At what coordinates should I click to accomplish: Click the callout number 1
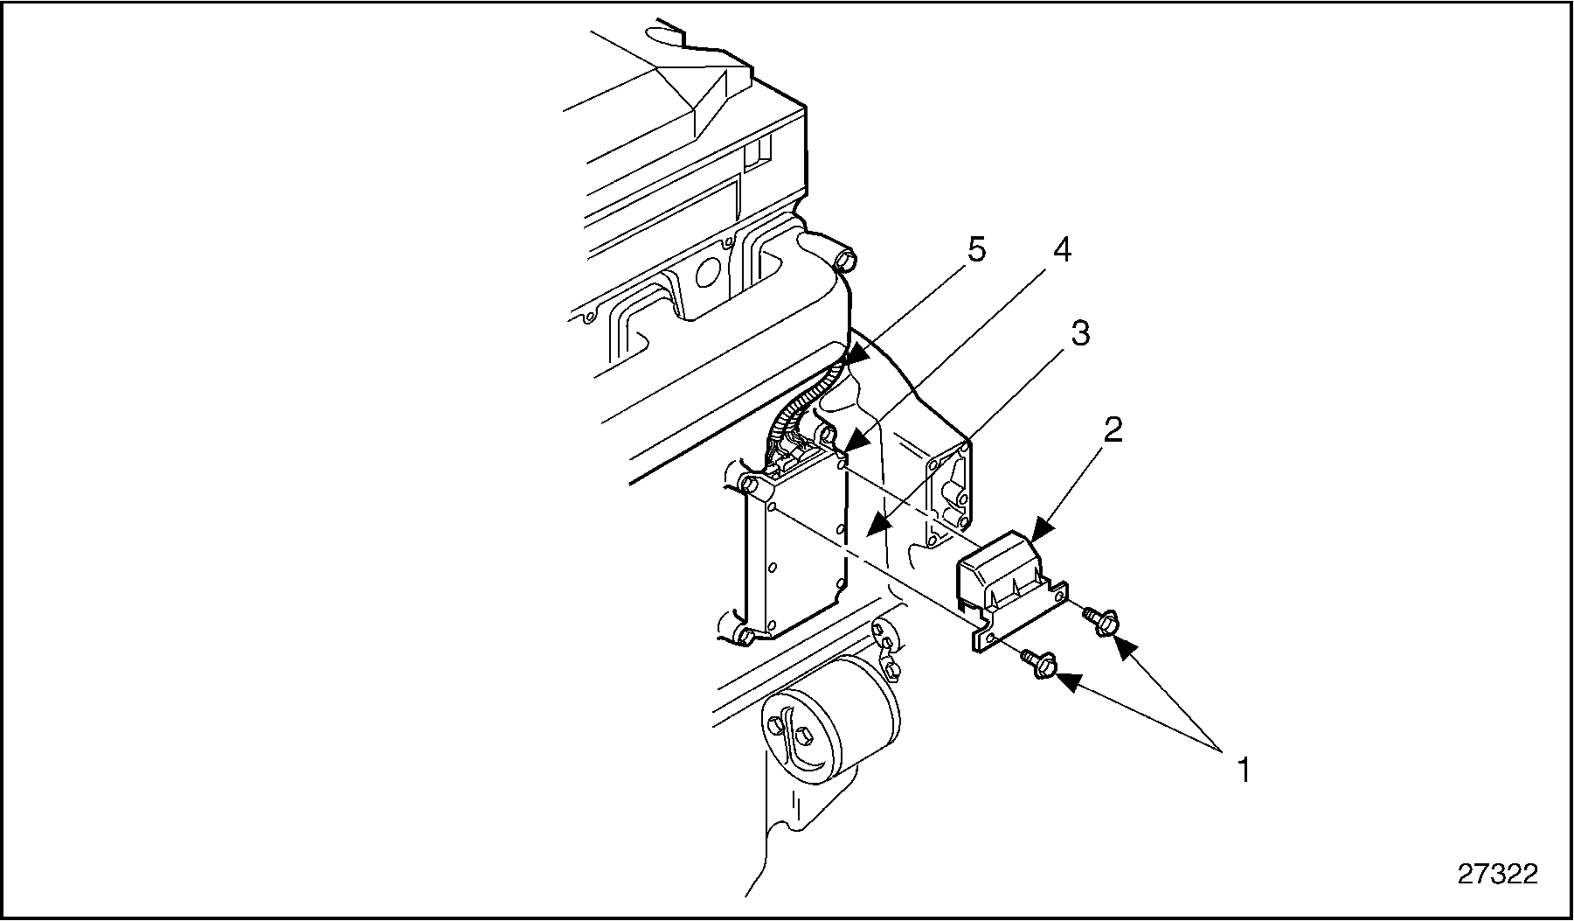[x=1243, y=771]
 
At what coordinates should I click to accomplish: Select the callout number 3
[x=1080, y=333]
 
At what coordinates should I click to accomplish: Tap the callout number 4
[x=1060, y=250]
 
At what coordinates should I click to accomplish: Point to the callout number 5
[x=976, y=250]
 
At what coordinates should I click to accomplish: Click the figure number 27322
[x=1497, y=874]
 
